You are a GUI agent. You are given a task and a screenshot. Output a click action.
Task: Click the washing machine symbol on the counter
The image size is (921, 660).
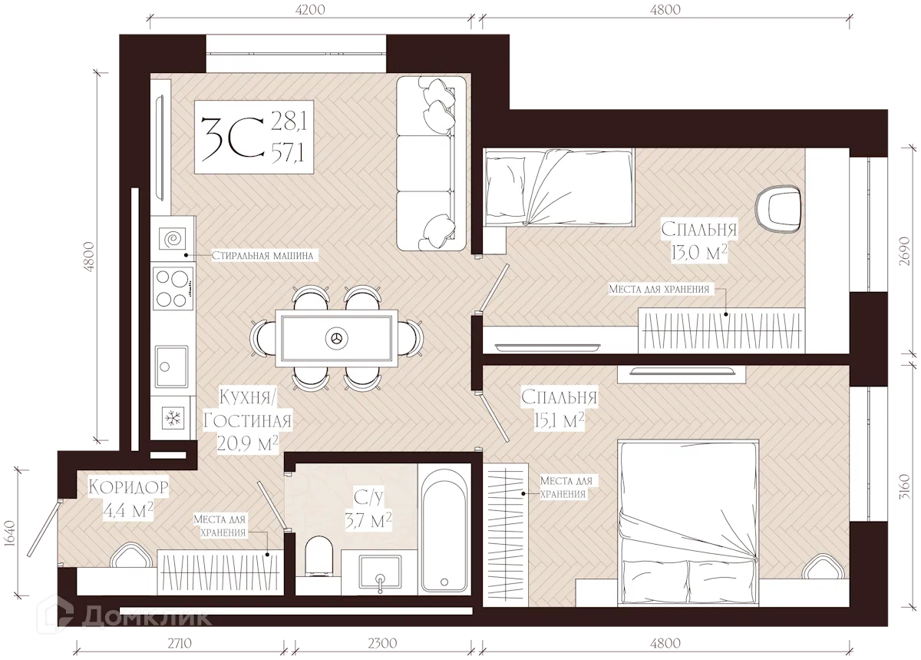[173, 239]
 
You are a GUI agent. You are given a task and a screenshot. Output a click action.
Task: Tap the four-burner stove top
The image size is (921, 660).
[173, 288]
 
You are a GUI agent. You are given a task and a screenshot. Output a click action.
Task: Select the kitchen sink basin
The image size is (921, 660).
[171, 366]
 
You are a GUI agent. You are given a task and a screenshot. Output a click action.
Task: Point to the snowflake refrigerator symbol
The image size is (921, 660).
[173, 419]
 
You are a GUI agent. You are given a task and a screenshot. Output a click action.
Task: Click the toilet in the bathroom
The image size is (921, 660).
[319, 556]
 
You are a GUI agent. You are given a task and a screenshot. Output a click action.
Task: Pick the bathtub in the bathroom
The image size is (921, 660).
[444, 529]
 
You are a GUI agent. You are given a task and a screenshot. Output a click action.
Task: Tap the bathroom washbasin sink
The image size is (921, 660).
[380, 572]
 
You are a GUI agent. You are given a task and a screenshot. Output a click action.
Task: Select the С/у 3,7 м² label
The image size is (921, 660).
[368, 509]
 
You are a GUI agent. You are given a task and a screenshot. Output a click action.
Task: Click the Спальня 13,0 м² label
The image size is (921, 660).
[699, 241]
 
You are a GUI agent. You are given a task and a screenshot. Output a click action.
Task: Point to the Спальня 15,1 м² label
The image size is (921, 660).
[560, 409]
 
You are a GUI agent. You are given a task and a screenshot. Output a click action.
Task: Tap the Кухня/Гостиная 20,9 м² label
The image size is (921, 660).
[247, 420]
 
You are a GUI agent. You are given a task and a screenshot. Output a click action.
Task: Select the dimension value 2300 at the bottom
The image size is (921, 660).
[382, 643]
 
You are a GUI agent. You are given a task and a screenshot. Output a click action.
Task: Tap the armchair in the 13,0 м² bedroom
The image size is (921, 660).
[779, 210]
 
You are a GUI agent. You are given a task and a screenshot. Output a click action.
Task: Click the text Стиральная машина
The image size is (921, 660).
[262, 255]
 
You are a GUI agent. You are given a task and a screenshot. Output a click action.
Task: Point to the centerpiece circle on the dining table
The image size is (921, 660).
[337, 338]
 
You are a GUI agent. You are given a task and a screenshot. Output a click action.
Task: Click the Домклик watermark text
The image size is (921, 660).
[147, 617]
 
